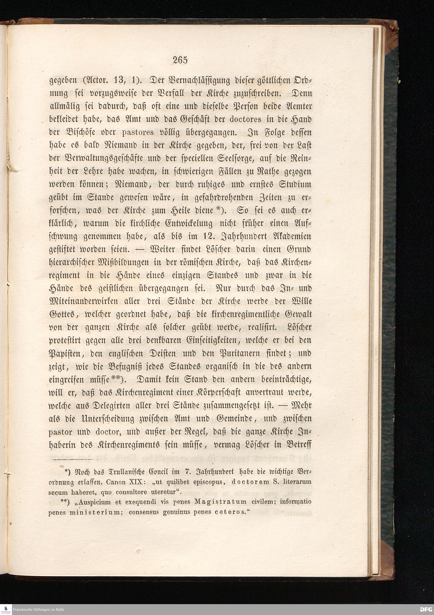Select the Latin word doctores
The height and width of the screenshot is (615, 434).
(246, 119)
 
